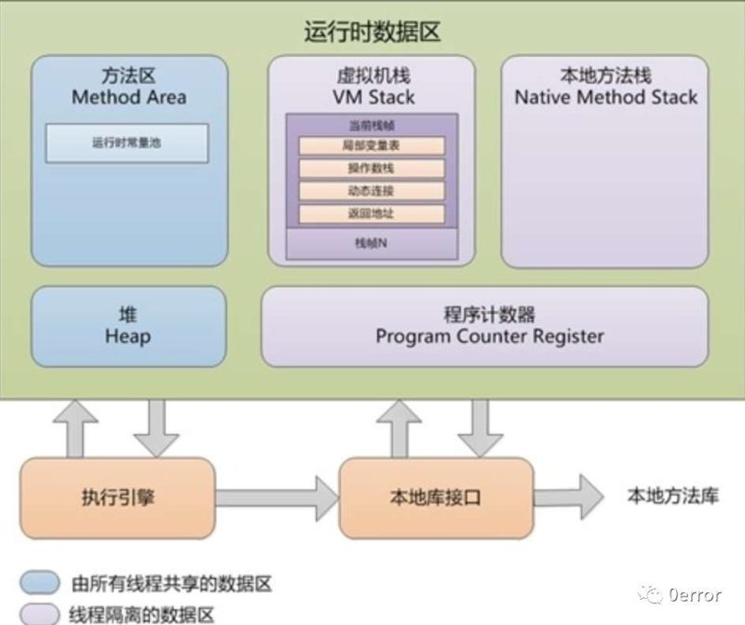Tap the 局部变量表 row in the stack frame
click(x=372, y=146)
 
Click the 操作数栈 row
click(x=372, y=169)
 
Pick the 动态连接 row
click(x=372, y=191)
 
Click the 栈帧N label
click(x=372, y=243)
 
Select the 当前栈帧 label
click(x=372, y=125)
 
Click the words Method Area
click(x=129, y=97)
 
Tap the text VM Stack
click(x=372, y=97)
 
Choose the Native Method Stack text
click(x=605, y=97)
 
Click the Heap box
click(x=129, y=326)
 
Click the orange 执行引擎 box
click(x=118, y=497)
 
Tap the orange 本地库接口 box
click(x=434, y=497)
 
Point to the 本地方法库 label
click(x=672, y=496)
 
